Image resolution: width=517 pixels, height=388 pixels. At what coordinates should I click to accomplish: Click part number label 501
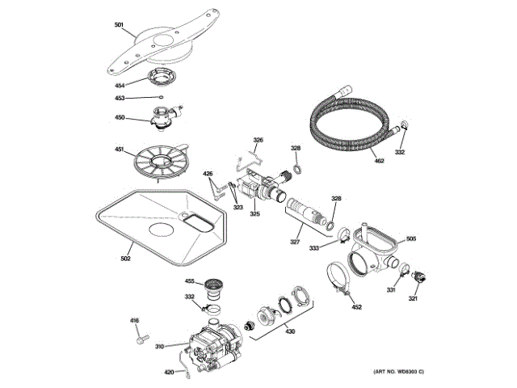(x=119, y=27)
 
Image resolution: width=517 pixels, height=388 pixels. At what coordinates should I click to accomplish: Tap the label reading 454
(x=120, y=84)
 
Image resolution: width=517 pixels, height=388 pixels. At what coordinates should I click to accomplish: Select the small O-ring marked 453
(x=161, y=98)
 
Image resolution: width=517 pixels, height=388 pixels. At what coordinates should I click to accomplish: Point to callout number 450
(x=120, y=118)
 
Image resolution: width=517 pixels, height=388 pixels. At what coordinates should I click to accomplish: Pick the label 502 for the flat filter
(x=125, y=258)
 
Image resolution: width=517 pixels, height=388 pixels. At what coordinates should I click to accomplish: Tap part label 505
(x=410, y=238)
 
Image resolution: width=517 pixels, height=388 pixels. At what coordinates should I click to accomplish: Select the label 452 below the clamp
(x=356, y=307)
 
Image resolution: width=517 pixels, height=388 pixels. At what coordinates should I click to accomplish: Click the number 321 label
(x=413, y=299)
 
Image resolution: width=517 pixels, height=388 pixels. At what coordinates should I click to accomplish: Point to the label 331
(x=390, y=290)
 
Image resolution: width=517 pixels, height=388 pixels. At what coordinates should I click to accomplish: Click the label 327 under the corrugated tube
(x=296, y=242)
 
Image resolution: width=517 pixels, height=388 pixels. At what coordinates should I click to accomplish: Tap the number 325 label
(x=254, y=214)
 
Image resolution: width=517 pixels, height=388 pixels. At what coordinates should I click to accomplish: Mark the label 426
(x=208, y=174)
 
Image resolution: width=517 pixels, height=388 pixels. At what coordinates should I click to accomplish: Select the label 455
(x=190, y=281)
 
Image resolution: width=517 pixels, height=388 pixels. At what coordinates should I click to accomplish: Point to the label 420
(x=169, y=371)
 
